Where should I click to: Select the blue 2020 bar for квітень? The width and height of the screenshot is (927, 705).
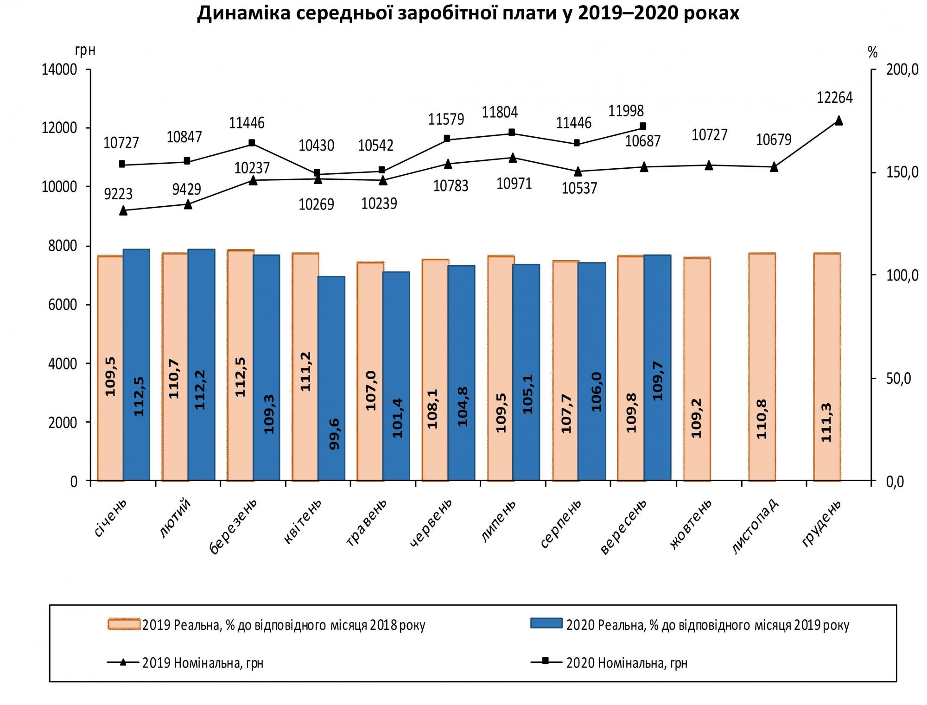point(331,378)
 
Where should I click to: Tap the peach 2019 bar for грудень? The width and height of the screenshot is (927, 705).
point(826,366)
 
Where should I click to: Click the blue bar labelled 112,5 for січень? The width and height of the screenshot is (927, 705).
point(136,364)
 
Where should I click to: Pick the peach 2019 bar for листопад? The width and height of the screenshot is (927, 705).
point(762,366)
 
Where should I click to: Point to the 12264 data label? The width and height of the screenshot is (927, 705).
point(834,98)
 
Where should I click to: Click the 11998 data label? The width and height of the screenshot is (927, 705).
point(626,111)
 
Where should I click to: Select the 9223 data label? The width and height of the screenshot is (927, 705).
point(118,194)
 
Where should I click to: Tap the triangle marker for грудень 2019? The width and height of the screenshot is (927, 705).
point(838,121)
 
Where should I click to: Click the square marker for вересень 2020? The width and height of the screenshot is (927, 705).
point(643,126)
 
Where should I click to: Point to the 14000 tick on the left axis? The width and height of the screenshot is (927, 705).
point(59,70)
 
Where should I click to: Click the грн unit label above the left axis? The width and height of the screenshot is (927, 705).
point(85,50)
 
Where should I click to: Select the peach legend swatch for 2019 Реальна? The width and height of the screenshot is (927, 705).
point(124,624)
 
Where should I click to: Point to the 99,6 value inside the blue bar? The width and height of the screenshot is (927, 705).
point(334,433)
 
